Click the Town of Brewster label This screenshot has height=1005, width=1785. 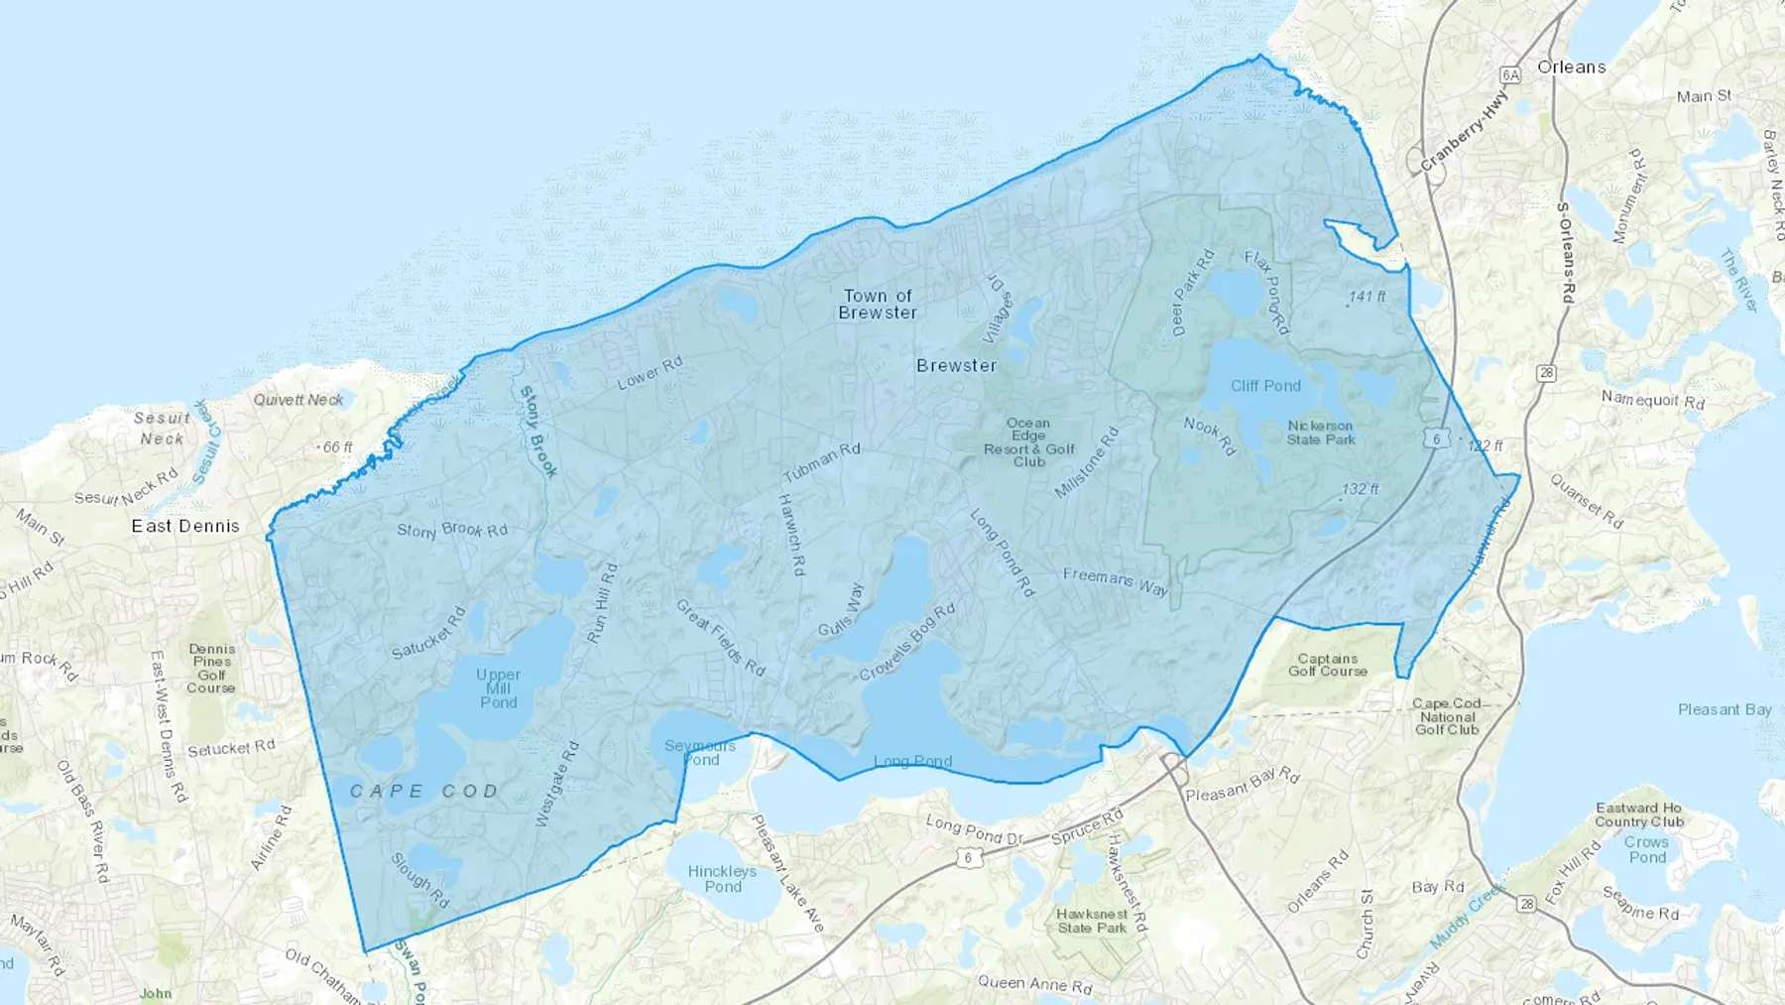[x=878, y=304]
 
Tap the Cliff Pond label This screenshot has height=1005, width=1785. [x=1265, y=386]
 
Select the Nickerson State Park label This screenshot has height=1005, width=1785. [x=1320, y=433]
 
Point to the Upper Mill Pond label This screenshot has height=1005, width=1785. [x=498, y=688]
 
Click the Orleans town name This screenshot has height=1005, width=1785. [x=1571, y=67]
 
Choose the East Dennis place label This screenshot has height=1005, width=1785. [x=185, y=526]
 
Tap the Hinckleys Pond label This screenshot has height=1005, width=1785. [x=722, y=878]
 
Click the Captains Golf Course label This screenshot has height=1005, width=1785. [x=1328, y=665]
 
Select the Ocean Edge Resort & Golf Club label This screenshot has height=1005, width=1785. [x=1029, y=442]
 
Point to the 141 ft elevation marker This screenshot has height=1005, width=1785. [x=1367, y=297]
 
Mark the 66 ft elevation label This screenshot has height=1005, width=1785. [x=337, y=447]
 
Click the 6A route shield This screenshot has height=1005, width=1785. [x=1510, y=74]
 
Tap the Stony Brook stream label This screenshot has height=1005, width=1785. [x=537, y=432]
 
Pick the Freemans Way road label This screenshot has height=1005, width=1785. [x=1116, y=581]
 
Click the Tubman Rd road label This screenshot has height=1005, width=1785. [x=821, y=462]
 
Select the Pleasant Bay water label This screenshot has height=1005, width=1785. [x=1725, y=709]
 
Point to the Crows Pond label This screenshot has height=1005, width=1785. [x=1646, y=849]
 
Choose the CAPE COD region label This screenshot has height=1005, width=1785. [x=423, y=791]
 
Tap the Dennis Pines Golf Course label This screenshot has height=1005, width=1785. [x=211, y=668]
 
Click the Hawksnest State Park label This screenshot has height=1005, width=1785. [x=1092, y=921]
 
